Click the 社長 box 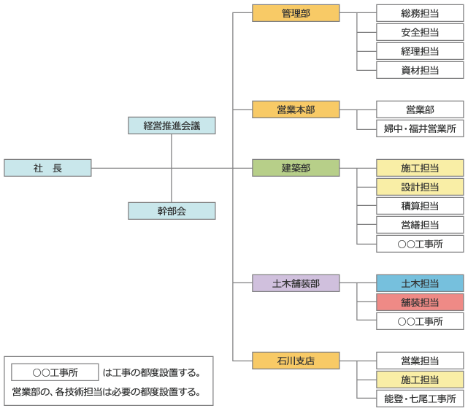pos(47,168)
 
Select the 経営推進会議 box pos(172,126)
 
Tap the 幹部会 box pos(172,211)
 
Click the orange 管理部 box pos(296,13)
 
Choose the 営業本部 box pos(296,110)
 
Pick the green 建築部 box pos(296,168)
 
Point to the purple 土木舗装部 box pos(296,283)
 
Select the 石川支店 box pos(296,361)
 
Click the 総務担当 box pos(420,13)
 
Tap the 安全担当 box pos(420,32)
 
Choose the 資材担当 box pos(420,70)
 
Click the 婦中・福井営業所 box pos(420,128)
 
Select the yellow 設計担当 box pos(420,187)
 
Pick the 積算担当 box pos(420,206)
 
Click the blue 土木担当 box pos(420,283)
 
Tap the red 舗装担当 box pos(420,302)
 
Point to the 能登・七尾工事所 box pos(420,399)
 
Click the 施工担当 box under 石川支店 pos(420,380)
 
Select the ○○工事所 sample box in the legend pos(55,372)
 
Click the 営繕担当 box pos(420,225)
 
